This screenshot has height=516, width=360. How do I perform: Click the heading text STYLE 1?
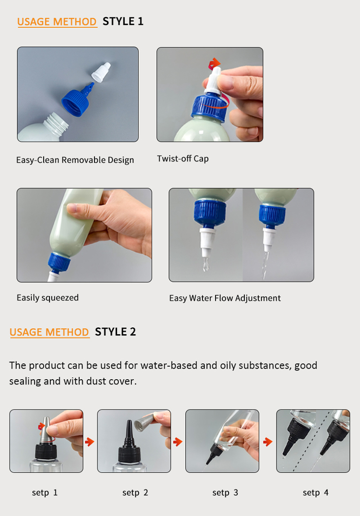pyautogui.click(x=123, y=22)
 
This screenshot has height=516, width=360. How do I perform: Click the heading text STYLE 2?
pyautogui.click(x=115, y=332)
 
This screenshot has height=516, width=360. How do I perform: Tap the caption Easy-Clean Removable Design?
pyautogui.click(x=75, y=160)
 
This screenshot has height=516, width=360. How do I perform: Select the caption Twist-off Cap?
pyautogui.click(x=182, y=158)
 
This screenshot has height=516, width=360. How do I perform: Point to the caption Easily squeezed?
pyautogui.click(x=48, y=298)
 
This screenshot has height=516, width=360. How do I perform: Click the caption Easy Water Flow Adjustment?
pyautogui.click(x=225, y=298)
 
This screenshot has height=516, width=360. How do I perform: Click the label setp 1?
pyautogui.click(x=45, y=492)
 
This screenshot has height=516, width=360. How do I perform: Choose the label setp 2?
pyautogui.click(x=135, y=492)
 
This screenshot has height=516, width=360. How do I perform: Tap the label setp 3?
pyautogui.click(x=225, y=492)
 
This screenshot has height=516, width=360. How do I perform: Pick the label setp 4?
pyautogui.click(x=315, y=492)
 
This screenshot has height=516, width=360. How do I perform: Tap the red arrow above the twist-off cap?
pyautogui.click(x=215, y=63)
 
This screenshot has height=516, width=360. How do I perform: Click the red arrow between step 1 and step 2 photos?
pyautogui.click(x=90, y=441)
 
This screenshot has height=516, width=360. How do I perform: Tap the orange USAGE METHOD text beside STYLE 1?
pyautogui.click(x=57, y=22)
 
